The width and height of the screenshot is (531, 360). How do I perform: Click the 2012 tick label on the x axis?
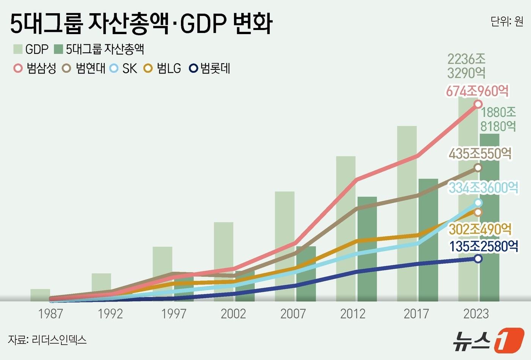coord(353,314)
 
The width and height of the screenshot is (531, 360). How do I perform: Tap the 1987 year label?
coord(51,314)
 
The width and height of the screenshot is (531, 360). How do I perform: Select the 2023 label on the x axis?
coord(476,314)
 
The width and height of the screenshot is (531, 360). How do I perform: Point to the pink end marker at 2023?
coord(478,104)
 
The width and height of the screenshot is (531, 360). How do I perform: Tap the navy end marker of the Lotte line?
coord(478,258)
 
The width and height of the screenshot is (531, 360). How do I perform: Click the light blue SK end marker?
coord(478,203)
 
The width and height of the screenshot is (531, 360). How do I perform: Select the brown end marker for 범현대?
coord(478,167)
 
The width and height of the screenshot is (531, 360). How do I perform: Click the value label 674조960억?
coord(477,91)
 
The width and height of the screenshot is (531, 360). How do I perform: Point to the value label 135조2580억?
coord(484,246)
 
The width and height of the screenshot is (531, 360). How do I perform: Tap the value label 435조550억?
coord(480,153)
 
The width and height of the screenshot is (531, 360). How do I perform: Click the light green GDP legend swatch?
coord(18,49)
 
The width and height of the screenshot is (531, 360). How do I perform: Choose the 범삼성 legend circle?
coord(18,69)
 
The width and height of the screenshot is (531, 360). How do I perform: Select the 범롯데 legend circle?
coord(193,69)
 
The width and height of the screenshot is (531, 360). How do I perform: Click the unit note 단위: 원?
coord(507,22)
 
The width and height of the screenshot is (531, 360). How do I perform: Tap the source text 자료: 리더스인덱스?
coord(47,340)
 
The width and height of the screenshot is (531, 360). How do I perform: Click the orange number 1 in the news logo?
coord(508,340)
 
